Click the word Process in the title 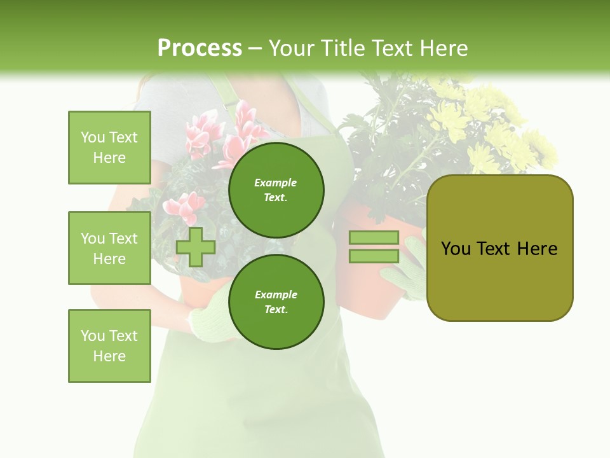click(200, 48)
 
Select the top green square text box click(109, 148)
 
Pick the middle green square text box click(109, 248)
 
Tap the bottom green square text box click(109, 345)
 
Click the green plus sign click(196, 247)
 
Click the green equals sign click(374, 247)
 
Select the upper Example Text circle click(276, 190)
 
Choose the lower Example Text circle click(276, 302)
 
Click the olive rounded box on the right click(499, 248)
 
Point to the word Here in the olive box click(537, 249)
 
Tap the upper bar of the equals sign click(374, 237)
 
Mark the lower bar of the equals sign click(374, 256)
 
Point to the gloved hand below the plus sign click(213, 318)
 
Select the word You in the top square click(93, 137)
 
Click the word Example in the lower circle click(276, 295)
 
